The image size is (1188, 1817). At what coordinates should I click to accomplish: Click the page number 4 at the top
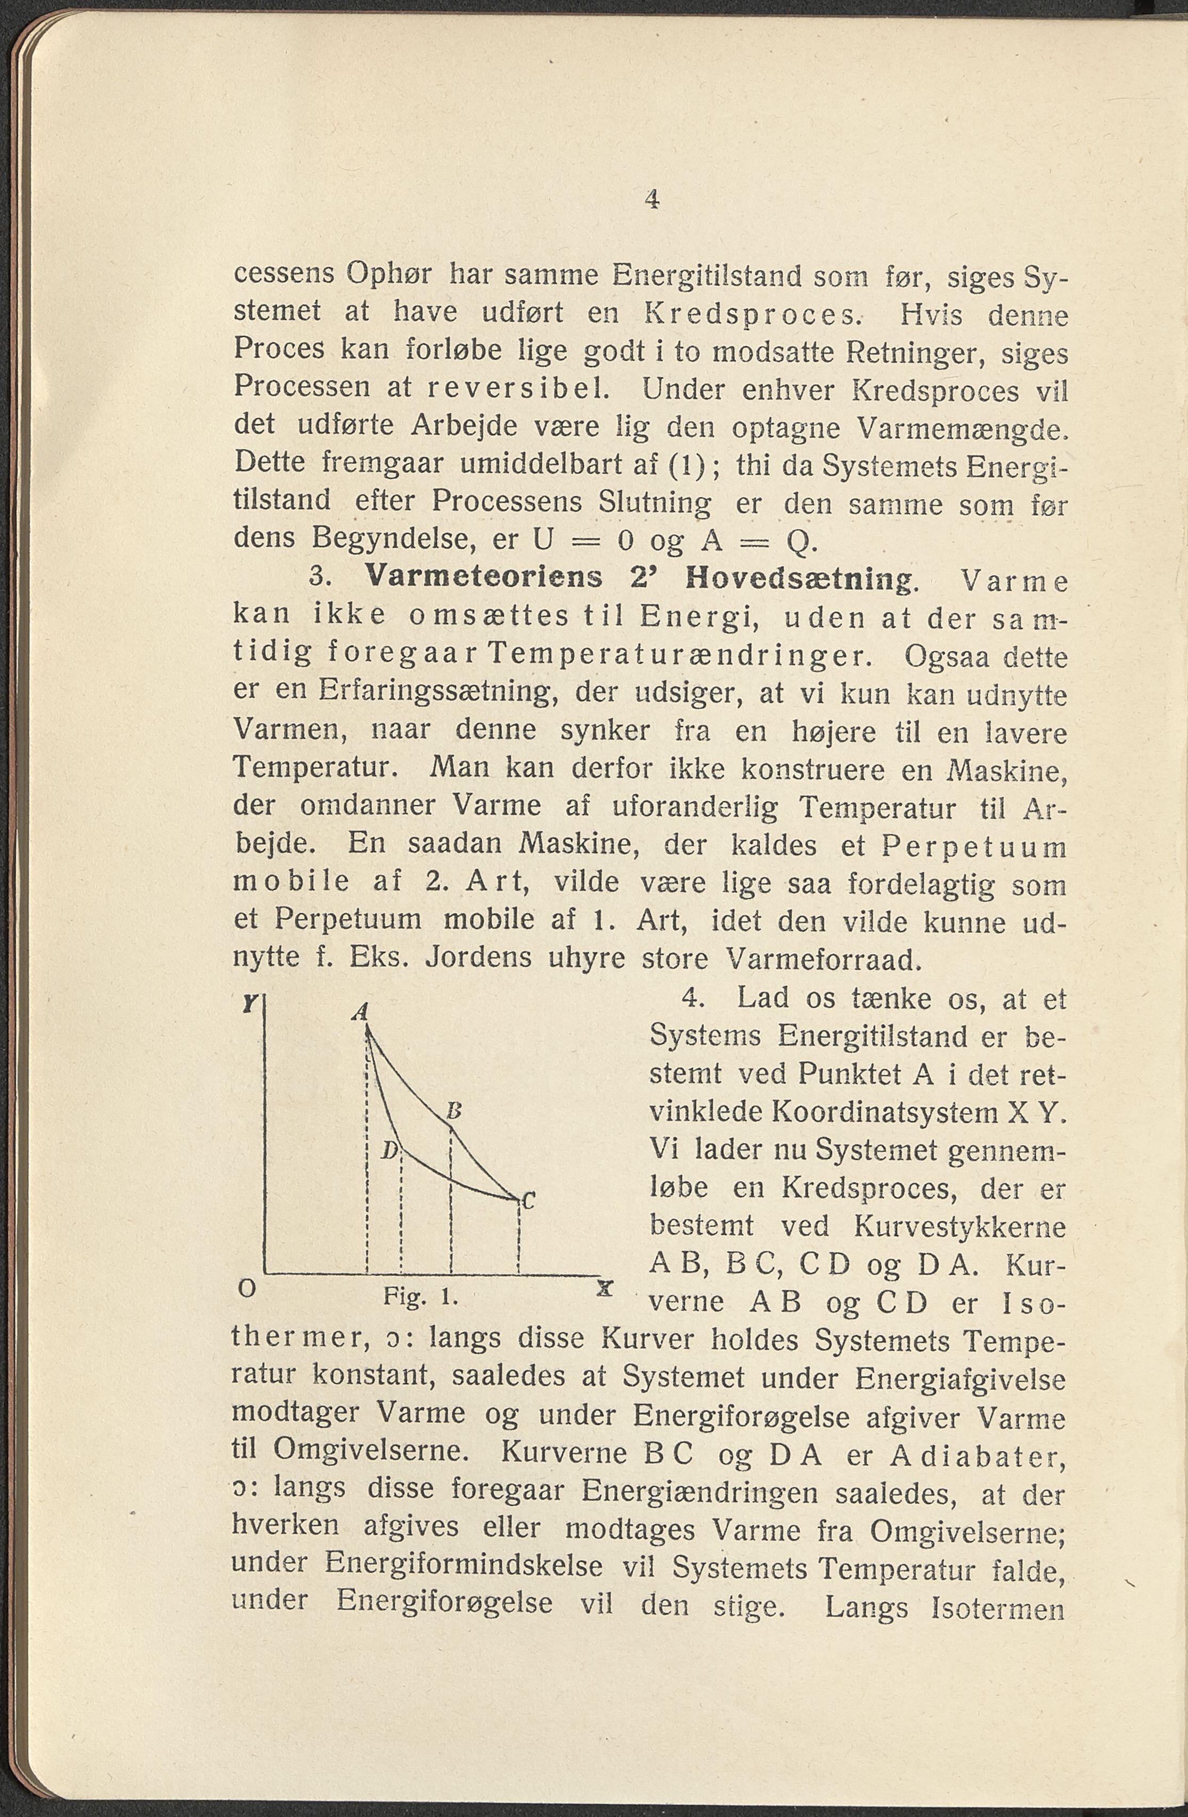coord(651,199)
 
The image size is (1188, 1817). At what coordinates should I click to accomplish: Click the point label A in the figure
coord(360,1013)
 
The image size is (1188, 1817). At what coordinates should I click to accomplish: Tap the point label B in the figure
coord(453,1111)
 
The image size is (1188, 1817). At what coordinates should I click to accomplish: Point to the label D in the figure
coord(389,1150)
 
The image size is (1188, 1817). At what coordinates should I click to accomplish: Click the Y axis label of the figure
coord(248,1005)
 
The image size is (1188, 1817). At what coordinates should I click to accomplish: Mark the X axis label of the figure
coord(605,1289)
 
